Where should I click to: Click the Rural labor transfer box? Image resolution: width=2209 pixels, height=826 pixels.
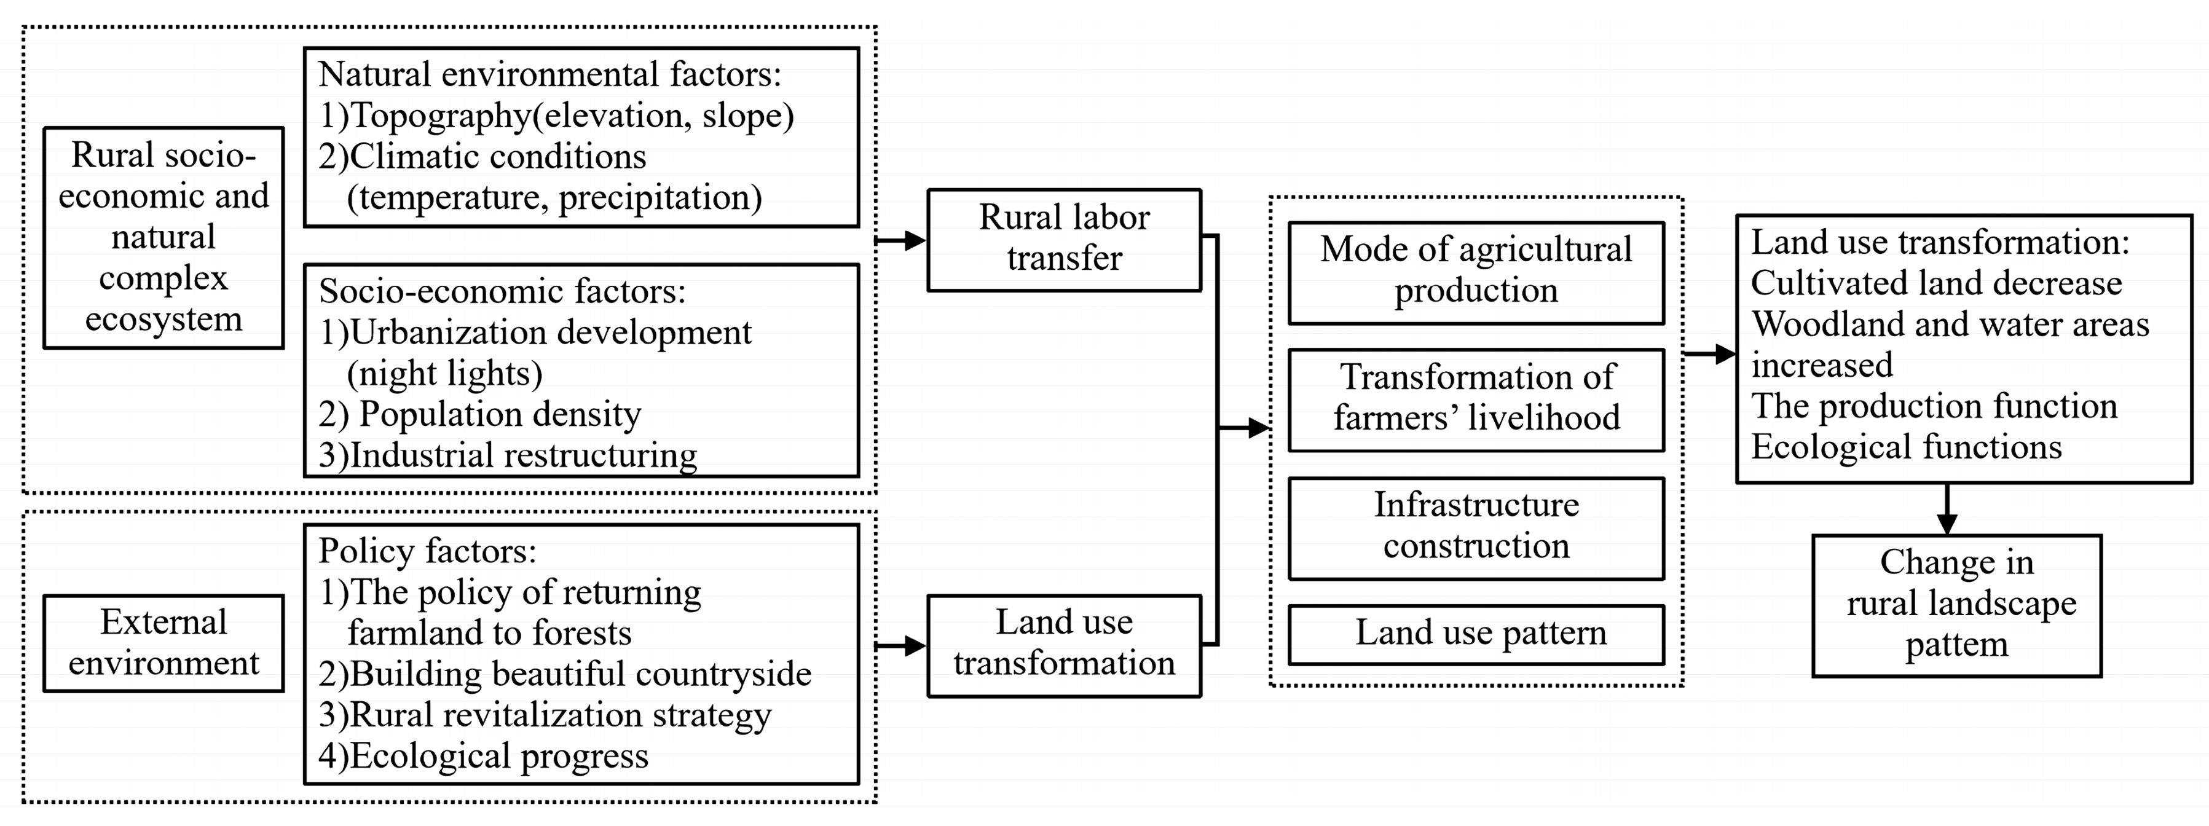(x=1063, y=239)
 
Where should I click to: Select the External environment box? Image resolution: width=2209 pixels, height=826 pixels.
(x=163, y=642)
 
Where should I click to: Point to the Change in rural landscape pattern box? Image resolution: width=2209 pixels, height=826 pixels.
(x=1957, y=605)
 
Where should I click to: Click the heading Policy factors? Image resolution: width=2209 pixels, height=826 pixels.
(x=427, y=551)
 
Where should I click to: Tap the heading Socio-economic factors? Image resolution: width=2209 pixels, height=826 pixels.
(x=503, y=292)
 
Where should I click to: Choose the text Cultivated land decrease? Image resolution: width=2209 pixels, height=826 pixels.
(x=1936, y=283)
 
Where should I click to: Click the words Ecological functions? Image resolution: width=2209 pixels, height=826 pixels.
(x=1905, y=447)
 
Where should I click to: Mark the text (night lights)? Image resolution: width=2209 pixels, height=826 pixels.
(x=444, y=373)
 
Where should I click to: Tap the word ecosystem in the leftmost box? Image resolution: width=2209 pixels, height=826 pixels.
(x=163, y=319)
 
